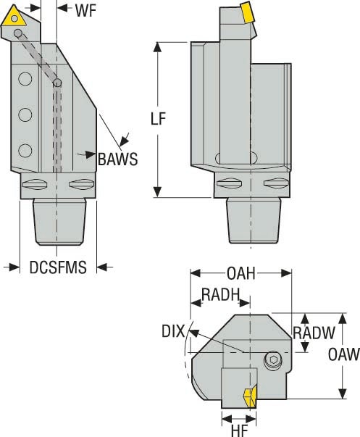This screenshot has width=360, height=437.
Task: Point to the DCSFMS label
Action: coord(58,267)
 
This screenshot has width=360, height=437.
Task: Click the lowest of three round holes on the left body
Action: coord(25,150)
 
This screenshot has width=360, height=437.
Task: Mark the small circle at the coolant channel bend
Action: coord(58,83)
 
